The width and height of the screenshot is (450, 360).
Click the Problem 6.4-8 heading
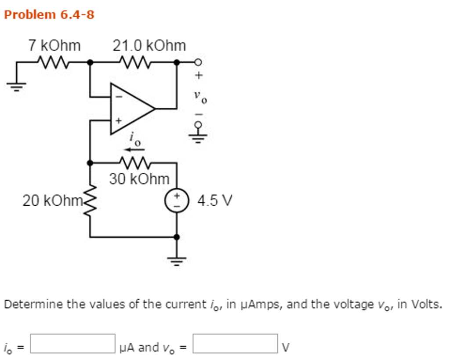point(49,15)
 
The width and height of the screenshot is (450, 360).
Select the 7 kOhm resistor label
point(54,45)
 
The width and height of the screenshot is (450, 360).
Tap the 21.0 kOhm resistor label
point(149,45)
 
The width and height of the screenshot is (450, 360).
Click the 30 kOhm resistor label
point(139,179)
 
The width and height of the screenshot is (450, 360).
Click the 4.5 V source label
point(215,201)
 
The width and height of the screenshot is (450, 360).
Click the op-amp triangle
point(130,108)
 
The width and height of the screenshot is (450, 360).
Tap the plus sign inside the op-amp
point(117,120)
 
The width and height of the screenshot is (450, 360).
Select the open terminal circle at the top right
point(198,62)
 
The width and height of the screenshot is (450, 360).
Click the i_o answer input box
point(73,343)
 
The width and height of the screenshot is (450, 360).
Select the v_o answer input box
point(235,343)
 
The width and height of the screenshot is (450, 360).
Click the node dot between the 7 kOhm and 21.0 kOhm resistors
point(90,62)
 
